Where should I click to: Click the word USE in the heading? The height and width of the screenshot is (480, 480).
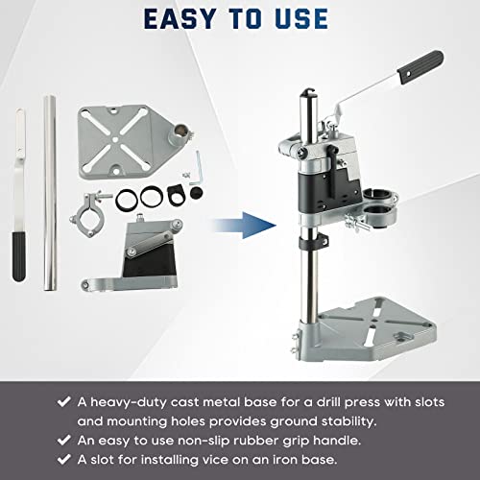click(x=297, y=18)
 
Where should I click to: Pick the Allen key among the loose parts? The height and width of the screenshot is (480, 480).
click(x=199, y=172)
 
